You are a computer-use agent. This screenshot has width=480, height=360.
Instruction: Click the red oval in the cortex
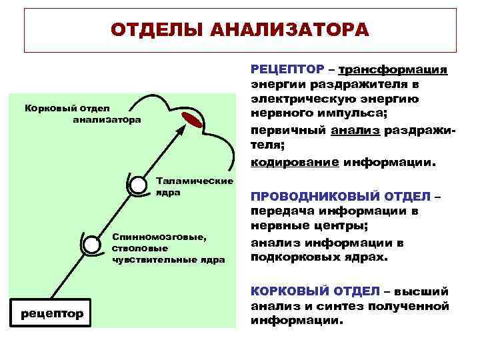point(193,120)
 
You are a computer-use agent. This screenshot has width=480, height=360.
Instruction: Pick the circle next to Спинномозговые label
point(90,245)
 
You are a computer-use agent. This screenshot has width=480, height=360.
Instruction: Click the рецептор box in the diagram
point(51,313)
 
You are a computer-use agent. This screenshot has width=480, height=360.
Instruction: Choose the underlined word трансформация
point(393,70)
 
